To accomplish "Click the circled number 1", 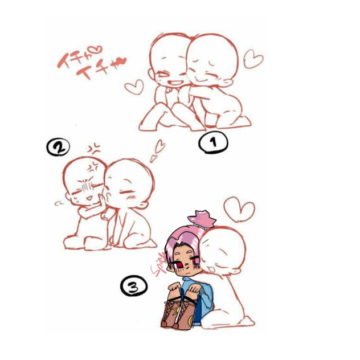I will click(x=212, y=143).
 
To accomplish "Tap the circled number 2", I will click(x=58, y=148).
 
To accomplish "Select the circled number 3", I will click(x=133, y=285).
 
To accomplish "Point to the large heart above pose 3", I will click(x=239, y=209).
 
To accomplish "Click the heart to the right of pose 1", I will click(x=253, y=58).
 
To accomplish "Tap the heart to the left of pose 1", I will click(x=134, y=87).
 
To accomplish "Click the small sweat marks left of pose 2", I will click(x=58, y=202).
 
